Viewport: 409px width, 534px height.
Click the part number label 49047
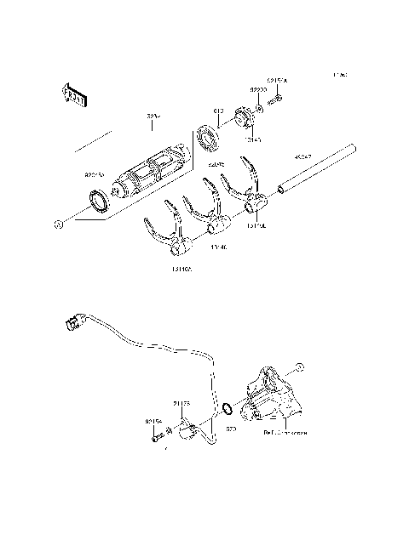[304, 156]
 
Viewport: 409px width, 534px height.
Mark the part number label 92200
[259, 88]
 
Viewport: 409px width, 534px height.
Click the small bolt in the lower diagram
[157, 437]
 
